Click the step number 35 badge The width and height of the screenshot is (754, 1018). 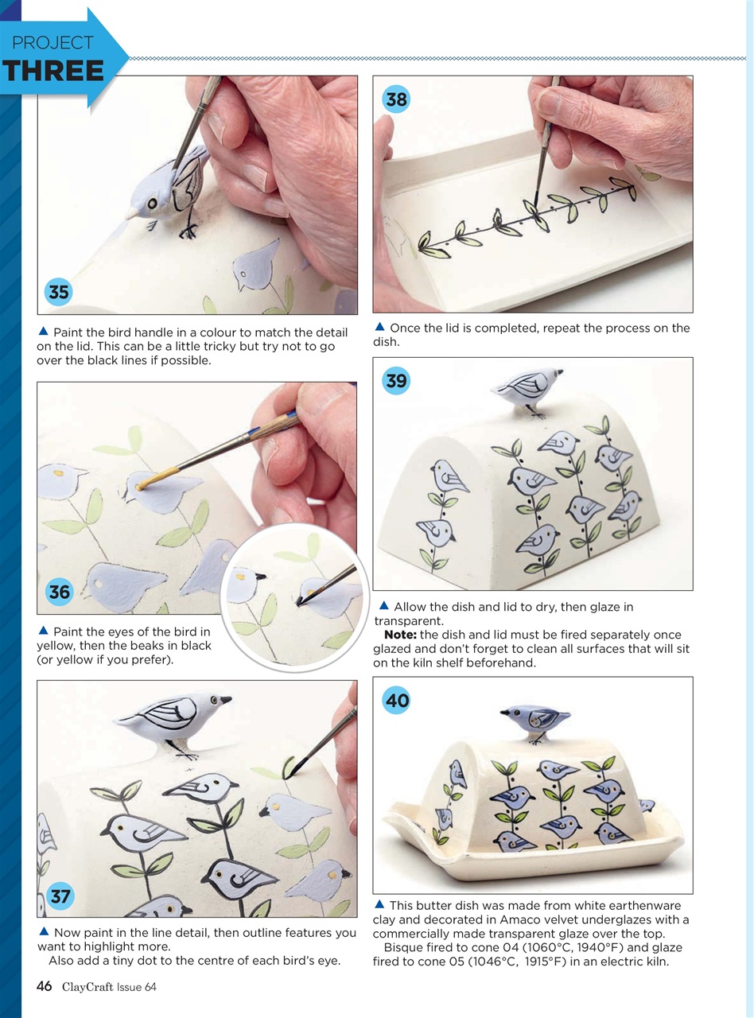(x=59, y=292)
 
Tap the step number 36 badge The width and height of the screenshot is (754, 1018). (x=60, y=592)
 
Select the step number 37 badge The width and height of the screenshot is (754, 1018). (x=60, y=896)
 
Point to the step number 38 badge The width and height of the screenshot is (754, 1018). (x=396, y=99)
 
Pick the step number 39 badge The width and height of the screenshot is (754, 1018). (x=396, y=380)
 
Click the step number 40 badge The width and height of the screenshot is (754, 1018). (x=397, y=700)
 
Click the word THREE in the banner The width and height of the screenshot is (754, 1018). (x=52, y=72)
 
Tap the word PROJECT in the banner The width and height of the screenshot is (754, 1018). (x=52, y=43)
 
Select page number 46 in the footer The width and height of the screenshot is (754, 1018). (x=45, y=987)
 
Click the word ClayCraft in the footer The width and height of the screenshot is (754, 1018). (x=87, y=987)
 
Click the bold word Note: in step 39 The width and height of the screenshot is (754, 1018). (x=401, y=635)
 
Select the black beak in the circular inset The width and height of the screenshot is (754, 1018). (x=261, y=576)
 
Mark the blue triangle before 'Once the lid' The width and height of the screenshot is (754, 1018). (x=379, y=327)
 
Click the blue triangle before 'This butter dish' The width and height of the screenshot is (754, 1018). (x=379, y=904)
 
